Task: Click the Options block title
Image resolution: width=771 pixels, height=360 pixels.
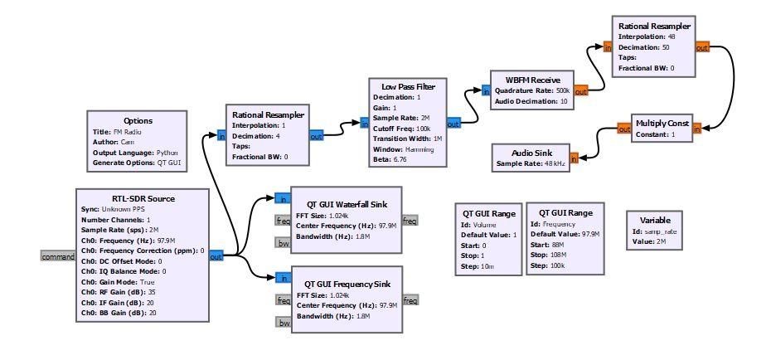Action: click(x=138, y=120)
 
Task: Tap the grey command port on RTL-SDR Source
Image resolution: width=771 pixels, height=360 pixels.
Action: click(x=57, y=256)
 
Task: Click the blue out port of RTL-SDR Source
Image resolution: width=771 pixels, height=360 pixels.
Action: click(x=216, y=256)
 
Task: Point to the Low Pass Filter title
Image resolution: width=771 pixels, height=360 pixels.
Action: click(x=408, y=86)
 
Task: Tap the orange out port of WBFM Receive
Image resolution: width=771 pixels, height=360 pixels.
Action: click(x=580, y=91)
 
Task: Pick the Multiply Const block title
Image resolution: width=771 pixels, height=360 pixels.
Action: click(x=662, y=124)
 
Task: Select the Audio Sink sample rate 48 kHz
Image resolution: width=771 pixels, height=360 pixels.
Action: click(x=530, y=163)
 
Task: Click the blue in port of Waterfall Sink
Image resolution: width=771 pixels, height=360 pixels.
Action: click(x=283, y=199)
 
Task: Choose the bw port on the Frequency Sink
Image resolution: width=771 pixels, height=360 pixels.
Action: click(x=284, y=323)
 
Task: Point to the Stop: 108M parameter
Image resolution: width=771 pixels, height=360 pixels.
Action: click(x=548, y=255)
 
